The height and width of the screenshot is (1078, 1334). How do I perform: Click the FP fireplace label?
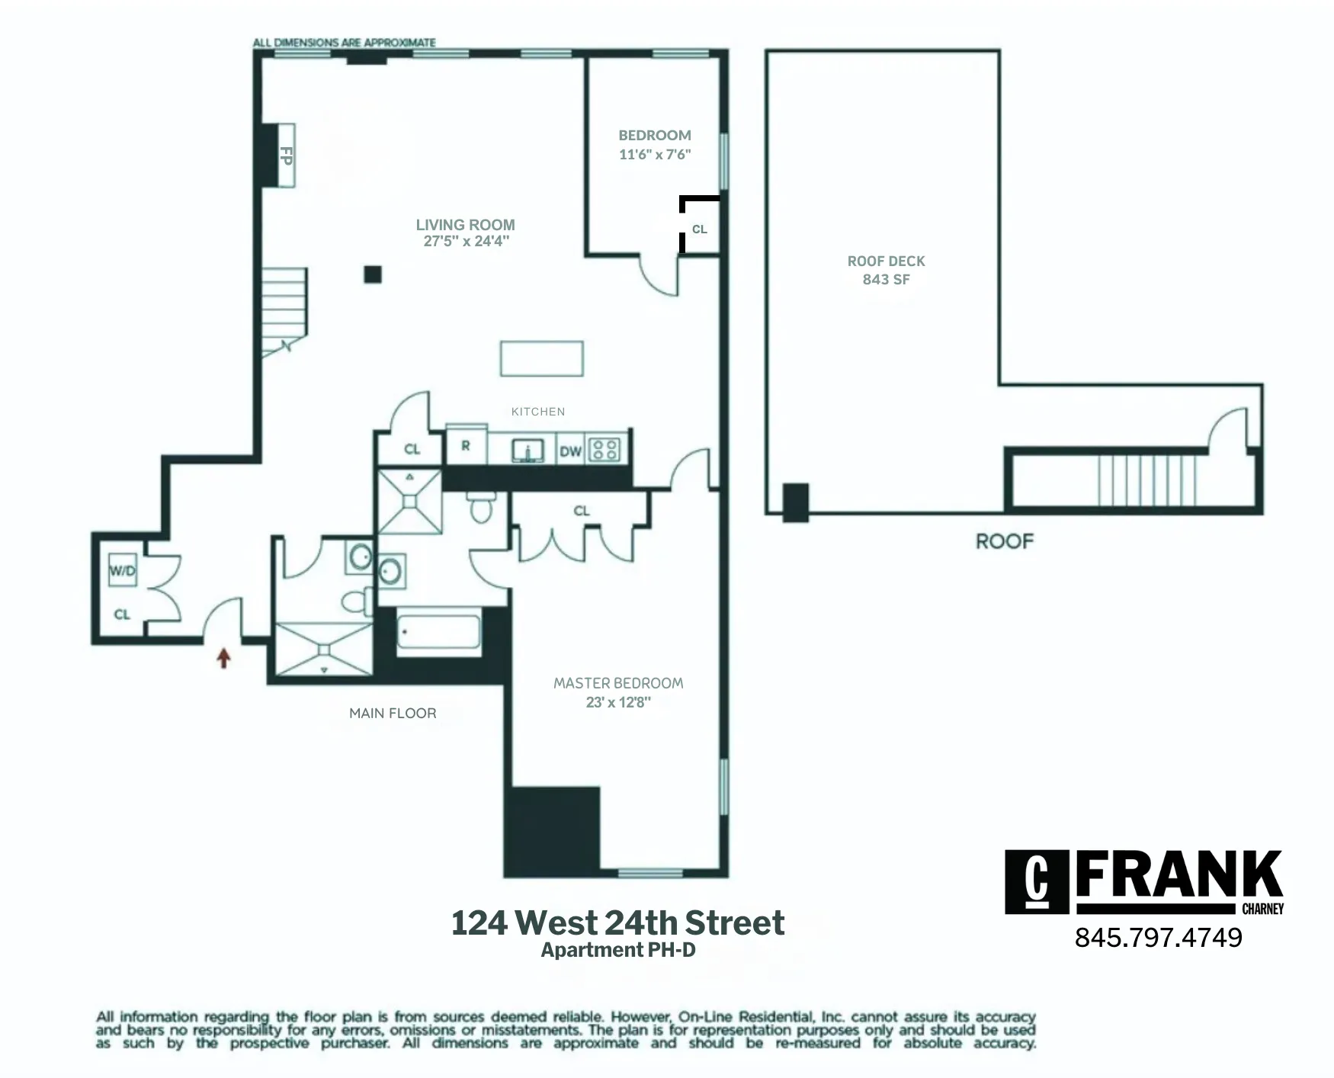coord(287,156)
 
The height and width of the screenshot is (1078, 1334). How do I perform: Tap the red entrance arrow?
coord(223,657)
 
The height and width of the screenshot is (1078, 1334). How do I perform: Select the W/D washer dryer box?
coord(123,569)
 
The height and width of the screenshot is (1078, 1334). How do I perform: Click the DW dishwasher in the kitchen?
coord(570,451)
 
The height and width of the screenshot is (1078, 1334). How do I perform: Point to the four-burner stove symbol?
coord(606,450)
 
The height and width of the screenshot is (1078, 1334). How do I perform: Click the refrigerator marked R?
coord(466,447)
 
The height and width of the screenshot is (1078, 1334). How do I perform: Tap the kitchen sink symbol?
coord(526,451)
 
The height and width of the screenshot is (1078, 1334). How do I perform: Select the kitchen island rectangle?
coord(541,358)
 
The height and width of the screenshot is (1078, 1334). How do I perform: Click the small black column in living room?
coord(372,274)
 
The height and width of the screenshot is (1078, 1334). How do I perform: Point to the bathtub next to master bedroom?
coord(438,633)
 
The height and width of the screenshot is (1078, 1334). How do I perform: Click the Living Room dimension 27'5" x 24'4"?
coord(466,242)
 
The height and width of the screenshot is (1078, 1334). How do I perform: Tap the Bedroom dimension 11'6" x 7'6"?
coord(654,155)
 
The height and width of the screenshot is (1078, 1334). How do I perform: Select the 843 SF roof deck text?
coord(886,280)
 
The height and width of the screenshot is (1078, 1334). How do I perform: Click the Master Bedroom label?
coord(618,683)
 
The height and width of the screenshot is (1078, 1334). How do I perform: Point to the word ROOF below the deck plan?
coord(1004,541)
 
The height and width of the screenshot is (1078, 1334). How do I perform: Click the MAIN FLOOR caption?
coord(393,714)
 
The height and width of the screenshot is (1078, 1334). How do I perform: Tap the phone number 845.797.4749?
coord(1158,938)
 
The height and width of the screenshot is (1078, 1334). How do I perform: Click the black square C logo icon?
coord(1036,881)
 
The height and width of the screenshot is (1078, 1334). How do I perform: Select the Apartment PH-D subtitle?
coord(618,950)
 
